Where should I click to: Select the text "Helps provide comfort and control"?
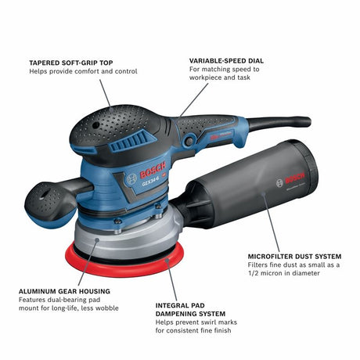(x=84, y=71)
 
